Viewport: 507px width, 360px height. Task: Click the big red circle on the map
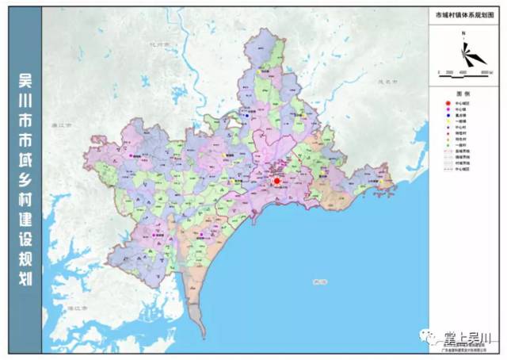277,182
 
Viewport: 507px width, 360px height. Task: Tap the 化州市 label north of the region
168,45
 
